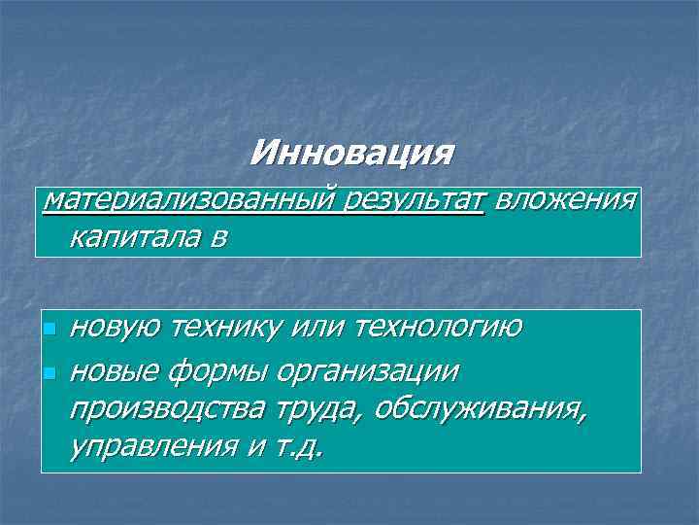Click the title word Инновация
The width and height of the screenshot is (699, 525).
350,153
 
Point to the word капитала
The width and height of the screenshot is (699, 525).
134,237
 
